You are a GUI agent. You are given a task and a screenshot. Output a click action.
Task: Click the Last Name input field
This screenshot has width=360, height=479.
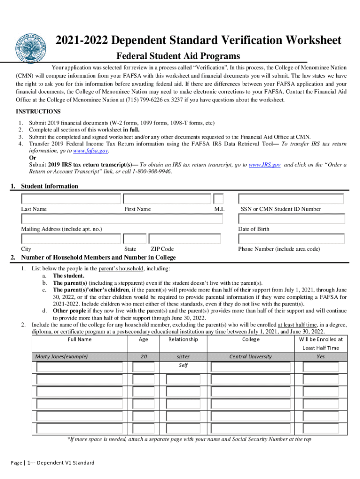[71, 199]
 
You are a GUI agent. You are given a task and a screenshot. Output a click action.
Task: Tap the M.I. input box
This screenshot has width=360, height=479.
[218, 199]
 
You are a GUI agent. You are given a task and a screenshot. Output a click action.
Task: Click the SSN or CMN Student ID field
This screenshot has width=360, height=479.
[291, 199]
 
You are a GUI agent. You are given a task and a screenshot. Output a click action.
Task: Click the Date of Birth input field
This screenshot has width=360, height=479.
[291, 219]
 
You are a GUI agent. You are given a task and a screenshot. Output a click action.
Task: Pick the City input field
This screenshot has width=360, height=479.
[71, 239]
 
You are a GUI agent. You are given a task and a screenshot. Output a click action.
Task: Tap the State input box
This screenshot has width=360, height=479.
[135, 239]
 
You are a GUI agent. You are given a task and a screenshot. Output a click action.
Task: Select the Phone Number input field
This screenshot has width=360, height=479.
[291, 239]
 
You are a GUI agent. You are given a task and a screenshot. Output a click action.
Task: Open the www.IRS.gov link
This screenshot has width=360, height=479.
[265, 165]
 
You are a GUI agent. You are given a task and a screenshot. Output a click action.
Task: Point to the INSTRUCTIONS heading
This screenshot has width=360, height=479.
[38, 111]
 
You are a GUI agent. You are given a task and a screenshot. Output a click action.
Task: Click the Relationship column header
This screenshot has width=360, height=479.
[183, 340]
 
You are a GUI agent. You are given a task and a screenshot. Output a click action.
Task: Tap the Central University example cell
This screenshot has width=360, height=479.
[250, 356]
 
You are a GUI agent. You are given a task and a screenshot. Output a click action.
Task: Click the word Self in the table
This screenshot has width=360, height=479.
[183, 365]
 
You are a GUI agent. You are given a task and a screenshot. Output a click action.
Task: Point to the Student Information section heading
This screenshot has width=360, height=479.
[50, 186]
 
